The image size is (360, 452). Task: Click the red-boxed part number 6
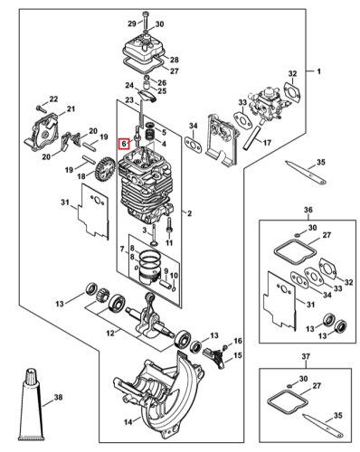[124, 144]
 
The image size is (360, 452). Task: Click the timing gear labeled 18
[104, 169]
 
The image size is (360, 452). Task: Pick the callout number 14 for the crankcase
[128, 422]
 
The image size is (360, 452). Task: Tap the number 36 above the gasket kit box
[308, 210]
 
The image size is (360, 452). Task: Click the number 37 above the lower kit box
[306, 356]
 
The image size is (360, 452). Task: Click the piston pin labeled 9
[166, 284]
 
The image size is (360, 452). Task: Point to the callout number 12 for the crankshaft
[110, 334]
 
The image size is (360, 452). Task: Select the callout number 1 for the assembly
[318, 71]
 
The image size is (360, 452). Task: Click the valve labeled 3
[154, 235]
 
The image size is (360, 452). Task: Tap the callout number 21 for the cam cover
[71, 108]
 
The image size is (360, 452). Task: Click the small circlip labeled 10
[174, 288]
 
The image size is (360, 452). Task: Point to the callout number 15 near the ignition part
[238, 355]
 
